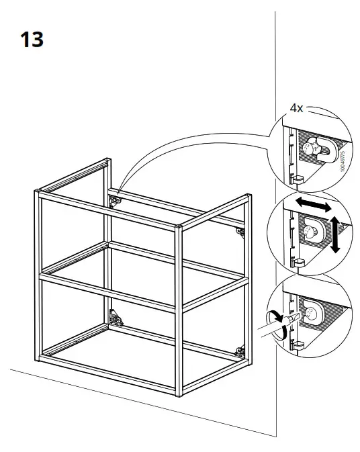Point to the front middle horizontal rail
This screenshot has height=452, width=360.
pos(107,289)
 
